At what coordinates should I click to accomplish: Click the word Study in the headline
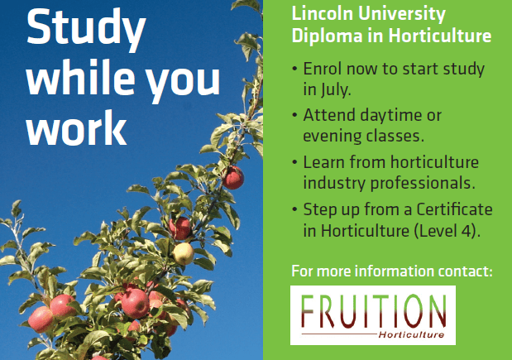click(86, 29)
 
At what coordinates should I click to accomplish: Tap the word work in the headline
click(76, 127)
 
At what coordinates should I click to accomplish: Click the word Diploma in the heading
click(327, 36)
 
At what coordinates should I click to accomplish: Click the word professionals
click(423, 183)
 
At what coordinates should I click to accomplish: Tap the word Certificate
click(454, 209)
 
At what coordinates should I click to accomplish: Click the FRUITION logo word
click(373, 310)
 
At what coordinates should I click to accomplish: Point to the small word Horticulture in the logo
click(411, 335)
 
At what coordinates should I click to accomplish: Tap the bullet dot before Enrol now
click(294, 69)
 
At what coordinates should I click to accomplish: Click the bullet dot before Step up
click(294, 209)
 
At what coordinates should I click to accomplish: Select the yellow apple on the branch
click(183, 253)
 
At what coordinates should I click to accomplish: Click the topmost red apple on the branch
click(233, 178)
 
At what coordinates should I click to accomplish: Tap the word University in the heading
click(402, 15)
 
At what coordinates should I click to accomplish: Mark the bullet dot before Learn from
click(294, 162)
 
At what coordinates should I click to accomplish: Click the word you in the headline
click(183, 82)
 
